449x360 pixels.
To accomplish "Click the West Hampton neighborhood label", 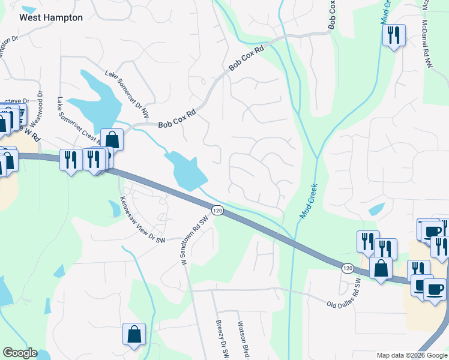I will [51, 17].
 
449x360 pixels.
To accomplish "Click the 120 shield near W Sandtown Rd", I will [217, 211].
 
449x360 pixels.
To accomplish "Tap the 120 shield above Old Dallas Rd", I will [347, 269].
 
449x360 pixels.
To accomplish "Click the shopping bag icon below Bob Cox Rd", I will [112, 140].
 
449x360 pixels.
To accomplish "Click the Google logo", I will [20, 353].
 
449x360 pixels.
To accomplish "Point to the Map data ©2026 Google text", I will [411, 355].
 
